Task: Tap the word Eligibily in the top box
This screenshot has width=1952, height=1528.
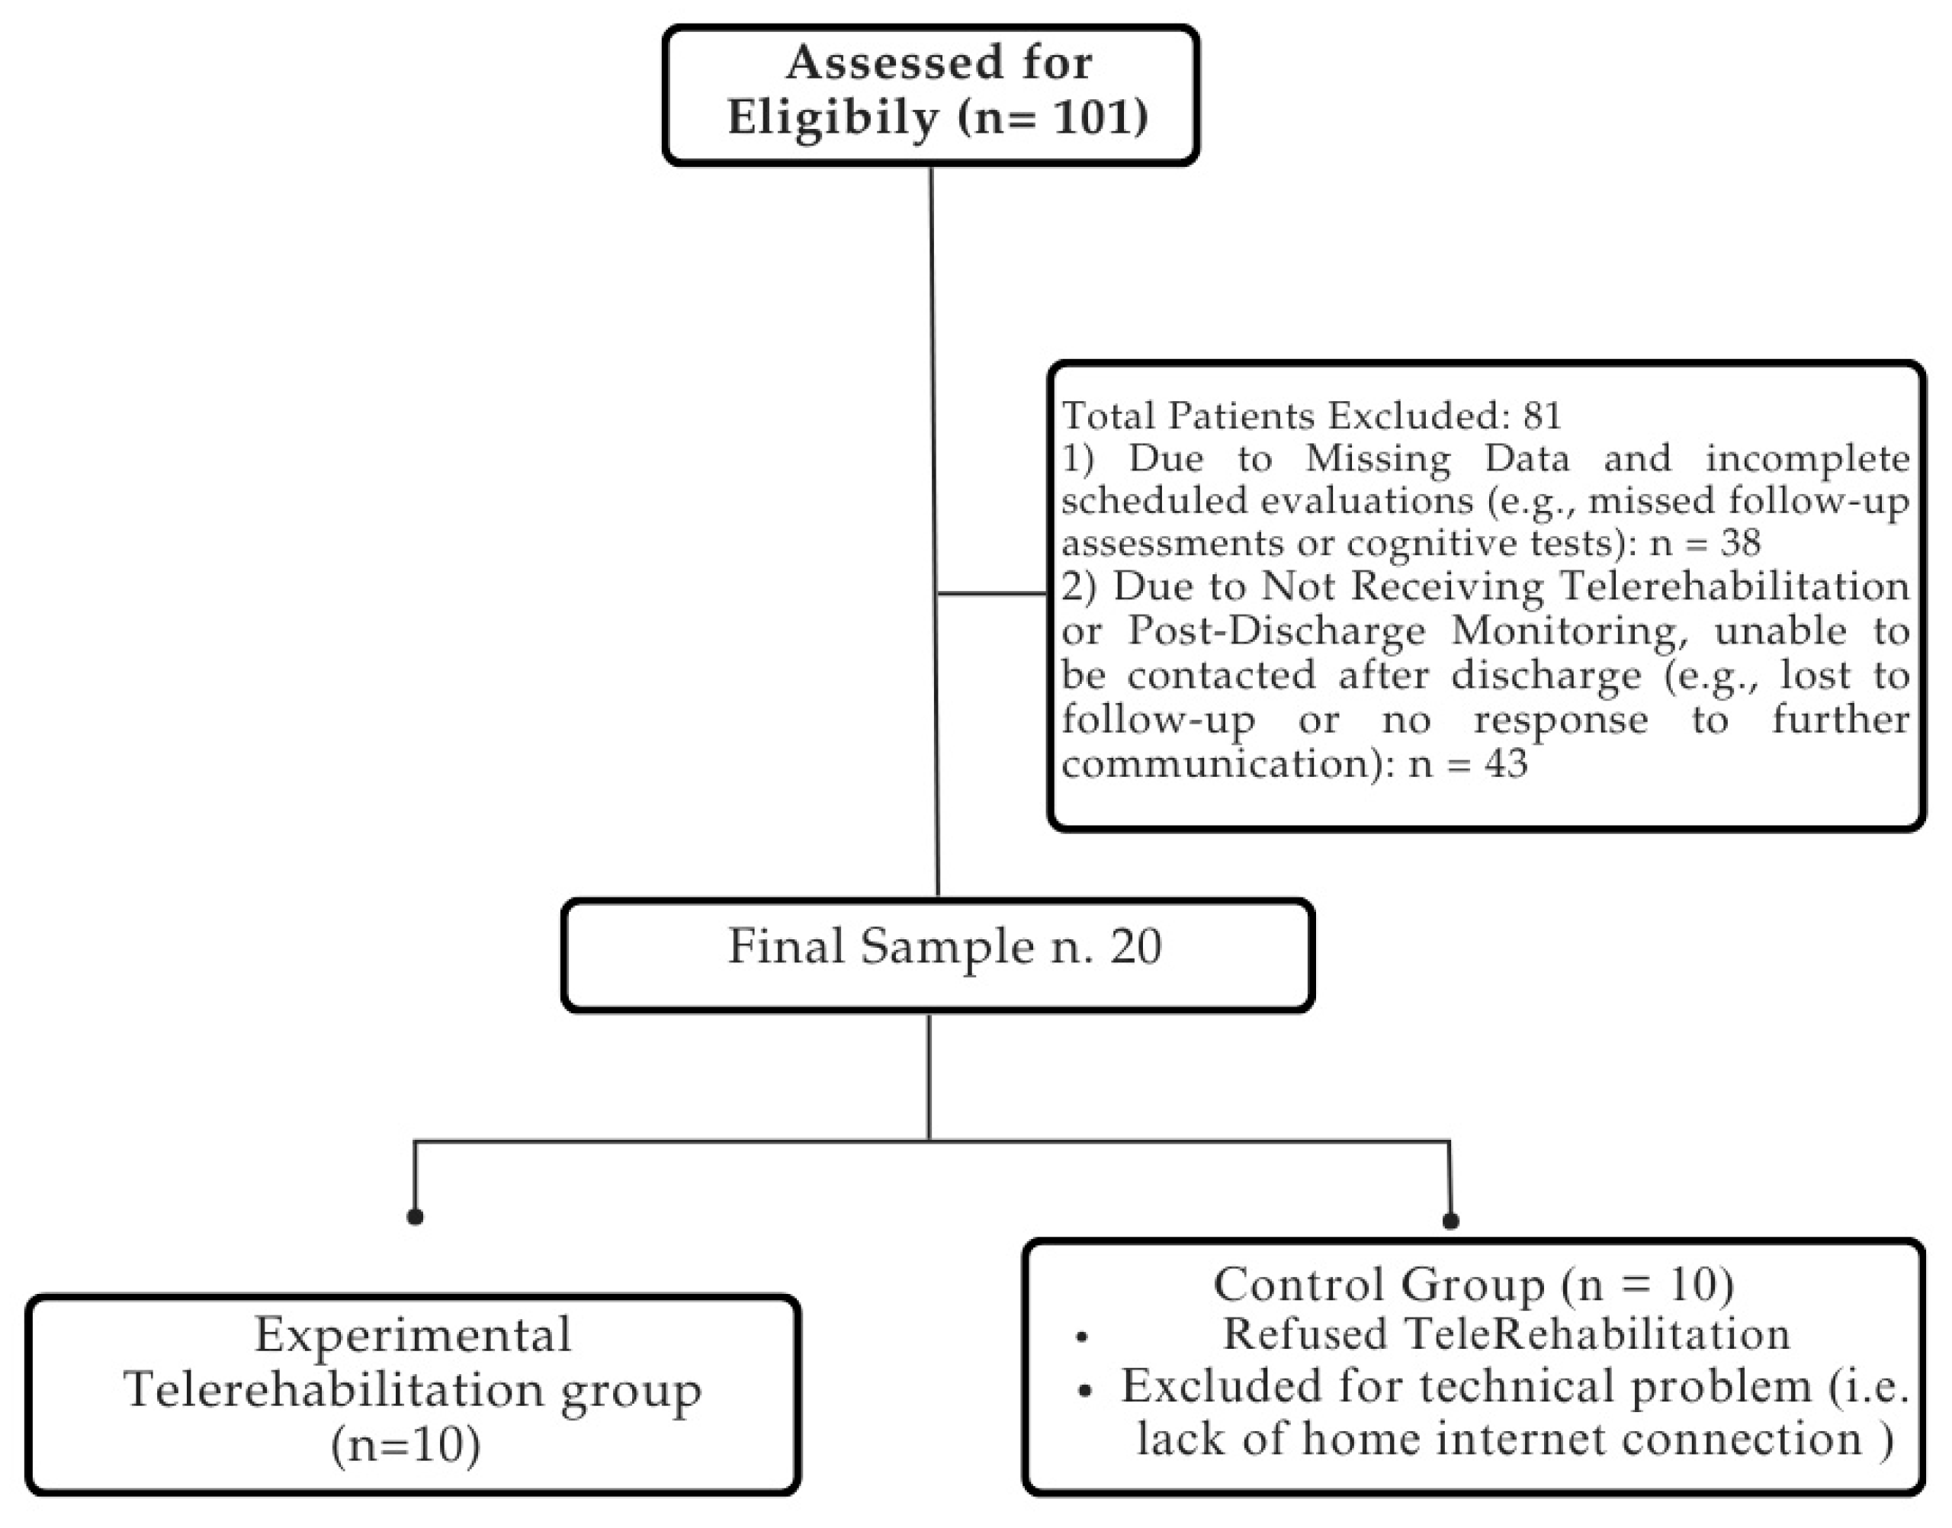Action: (832, 118)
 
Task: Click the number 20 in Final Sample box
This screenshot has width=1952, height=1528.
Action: (1136, 946)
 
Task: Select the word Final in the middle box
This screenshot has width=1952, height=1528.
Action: (785, 946)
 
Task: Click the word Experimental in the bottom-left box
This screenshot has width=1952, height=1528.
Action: (413, 1336)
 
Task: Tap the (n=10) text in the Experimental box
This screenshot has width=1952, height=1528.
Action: (405, 1445)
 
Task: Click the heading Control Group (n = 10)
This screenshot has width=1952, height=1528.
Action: (1472, 1285)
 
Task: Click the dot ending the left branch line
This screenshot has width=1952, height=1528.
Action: (414, 1217)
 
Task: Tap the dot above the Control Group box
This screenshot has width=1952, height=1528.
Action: (1451, 1220)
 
